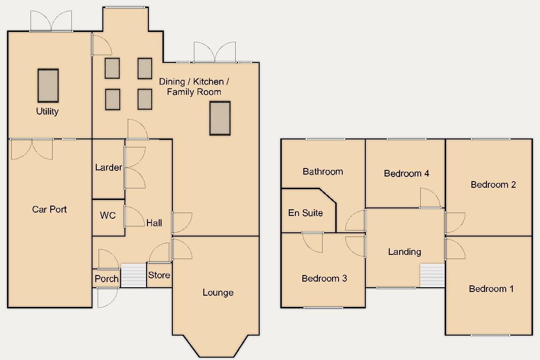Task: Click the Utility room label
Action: point(47,112)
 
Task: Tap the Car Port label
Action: point(49,209)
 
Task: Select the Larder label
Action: point(108,168)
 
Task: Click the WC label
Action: point(108,216)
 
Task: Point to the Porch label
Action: point(107,279)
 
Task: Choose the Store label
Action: point(159,275)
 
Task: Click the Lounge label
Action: point(218,293)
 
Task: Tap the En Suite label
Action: point(306,213)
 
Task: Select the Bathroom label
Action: point(323,172)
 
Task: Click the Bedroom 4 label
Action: point(407,174)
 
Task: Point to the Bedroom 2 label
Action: point(494,184)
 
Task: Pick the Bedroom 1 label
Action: point(491,289)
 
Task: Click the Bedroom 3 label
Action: point(324,279)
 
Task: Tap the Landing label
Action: point(404,252)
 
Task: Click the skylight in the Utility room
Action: point(48,85)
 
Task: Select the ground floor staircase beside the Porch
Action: point(133,275)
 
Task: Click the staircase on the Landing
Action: point(432,275)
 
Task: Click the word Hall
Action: point(154,222)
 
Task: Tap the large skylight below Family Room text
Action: point(220,118)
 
